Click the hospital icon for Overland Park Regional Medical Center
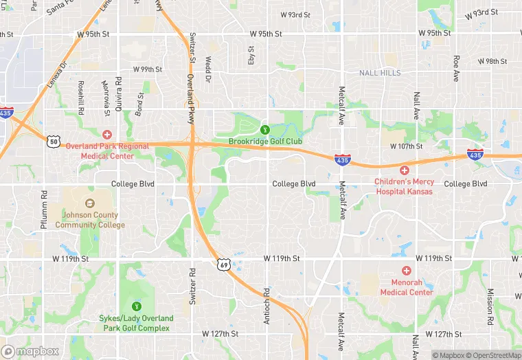tap(106, 135)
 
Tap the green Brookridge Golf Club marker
tap(264, 129)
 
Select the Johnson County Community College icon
tap(90, 203)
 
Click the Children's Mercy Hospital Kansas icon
tap(405, 170)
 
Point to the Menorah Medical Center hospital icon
tap(406, 271)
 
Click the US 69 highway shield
tap(224, 265)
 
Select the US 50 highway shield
tap(54, 141)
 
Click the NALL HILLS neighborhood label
tap(380, 73)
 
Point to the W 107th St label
tap(408, 146)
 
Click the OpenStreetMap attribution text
tap(493, 355)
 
